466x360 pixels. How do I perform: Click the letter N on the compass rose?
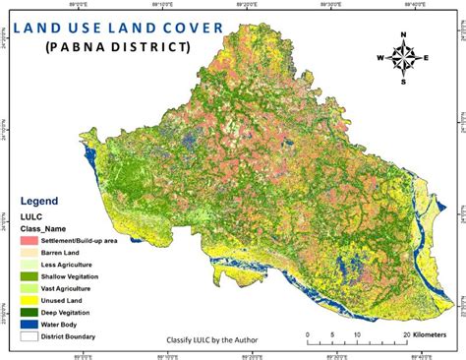tap(404, 35)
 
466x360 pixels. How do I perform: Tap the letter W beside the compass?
tap(379, 57)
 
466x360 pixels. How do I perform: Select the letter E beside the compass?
tap(428, 57)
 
